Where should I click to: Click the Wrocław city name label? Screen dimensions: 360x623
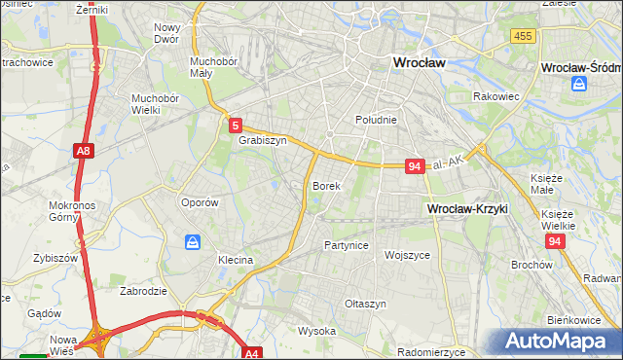pyautogui.click(x=418, y=61)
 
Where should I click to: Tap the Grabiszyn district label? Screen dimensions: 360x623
pyautogui.click(x=262, y=140)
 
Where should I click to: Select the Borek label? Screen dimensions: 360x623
pyautogui.click(x=325, y=185)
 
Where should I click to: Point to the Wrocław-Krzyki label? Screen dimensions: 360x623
pyautogui.click(x=468, y=209)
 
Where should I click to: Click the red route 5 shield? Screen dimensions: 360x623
pyautogui.click(x=236, y=125)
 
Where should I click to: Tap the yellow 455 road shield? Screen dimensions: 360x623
pyautogui.click(x=522, y=36)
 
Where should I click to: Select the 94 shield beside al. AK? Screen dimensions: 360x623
pyautogui.click(x=415, y=166)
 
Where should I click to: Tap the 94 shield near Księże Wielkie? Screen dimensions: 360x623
pyautogui.click(x=555, y=241)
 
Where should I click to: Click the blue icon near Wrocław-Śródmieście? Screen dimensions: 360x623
pyautogui.click(x=579, y=85)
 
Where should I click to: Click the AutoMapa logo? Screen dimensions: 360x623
pyautogui.click(x=559, y=342)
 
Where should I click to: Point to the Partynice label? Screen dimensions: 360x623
pyautogui.click(x=347, y=245)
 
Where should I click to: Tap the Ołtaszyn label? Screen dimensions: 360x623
pyautogui.click(x=366, y=304)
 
